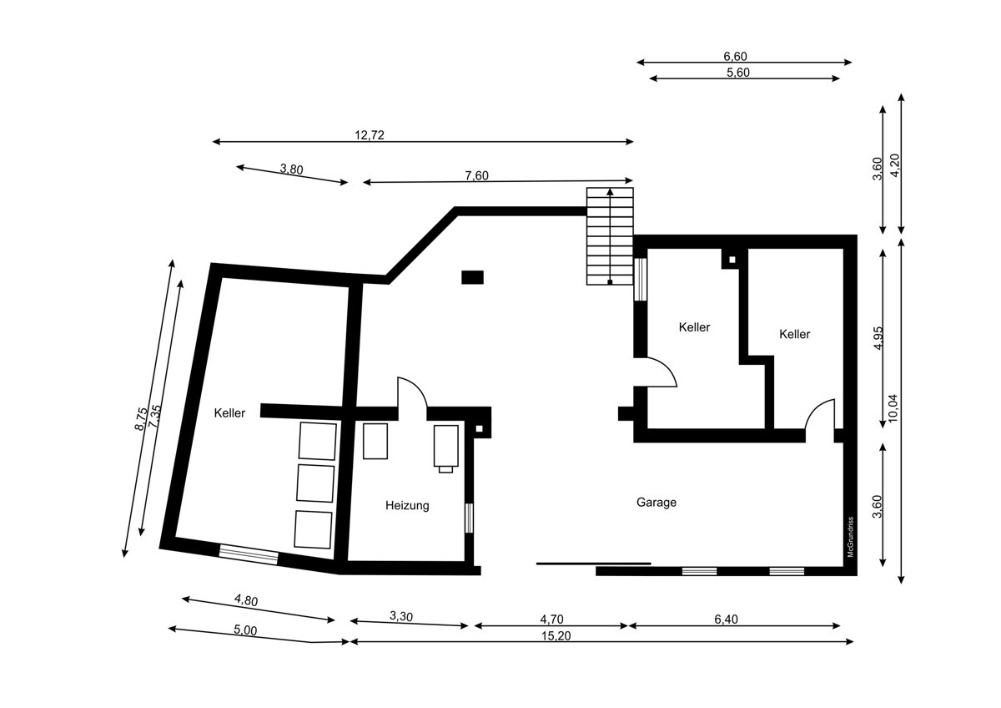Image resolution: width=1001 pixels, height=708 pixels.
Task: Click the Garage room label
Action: point(656,503)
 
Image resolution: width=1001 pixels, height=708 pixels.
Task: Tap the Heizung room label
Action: point(407,505)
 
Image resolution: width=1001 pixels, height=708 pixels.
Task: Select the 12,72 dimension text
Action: point(369,135)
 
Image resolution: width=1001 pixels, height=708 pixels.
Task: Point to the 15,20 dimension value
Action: point(556,635)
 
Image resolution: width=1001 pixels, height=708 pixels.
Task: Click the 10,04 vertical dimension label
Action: point(893,407)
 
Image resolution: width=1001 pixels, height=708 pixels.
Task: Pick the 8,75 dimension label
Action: point(141,418)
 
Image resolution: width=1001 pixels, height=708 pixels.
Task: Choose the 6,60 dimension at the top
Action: point(735,56)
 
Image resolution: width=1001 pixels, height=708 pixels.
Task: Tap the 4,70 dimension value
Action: point(551,619)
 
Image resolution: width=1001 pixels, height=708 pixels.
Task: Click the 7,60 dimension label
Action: point(477,176)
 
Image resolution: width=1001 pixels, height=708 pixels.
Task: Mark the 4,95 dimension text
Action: point(878,338)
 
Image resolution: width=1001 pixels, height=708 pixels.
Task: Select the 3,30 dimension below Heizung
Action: point(401,616)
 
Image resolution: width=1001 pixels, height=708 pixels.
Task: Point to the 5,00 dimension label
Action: point(245,630)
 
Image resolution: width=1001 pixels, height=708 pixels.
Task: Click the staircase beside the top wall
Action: point(610,236)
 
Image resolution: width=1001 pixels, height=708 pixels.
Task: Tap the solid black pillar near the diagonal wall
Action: point(472,277)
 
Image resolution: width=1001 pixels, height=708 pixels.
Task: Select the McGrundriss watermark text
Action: point(850,537)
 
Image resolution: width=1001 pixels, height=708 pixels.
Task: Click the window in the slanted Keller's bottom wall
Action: point(249,554)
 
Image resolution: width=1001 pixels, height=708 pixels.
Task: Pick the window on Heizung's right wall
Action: point(469,518)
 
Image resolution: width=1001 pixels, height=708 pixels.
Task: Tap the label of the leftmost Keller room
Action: point(229,412)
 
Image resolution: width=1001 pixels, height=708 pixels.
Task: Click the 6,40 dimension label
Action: point(726,619)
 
